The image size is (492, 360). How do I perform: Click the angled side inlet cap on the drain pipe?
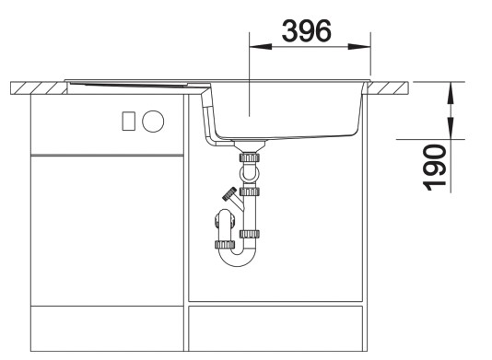pyautogui.click(x=226, y=195)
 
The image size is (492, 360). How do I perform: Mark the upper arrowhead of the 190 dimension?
pyautogui.click(x=449, y=89)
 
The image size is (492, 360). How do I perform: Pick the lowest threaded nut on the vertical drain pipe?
pyautogui.click(x=249, y=234)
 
